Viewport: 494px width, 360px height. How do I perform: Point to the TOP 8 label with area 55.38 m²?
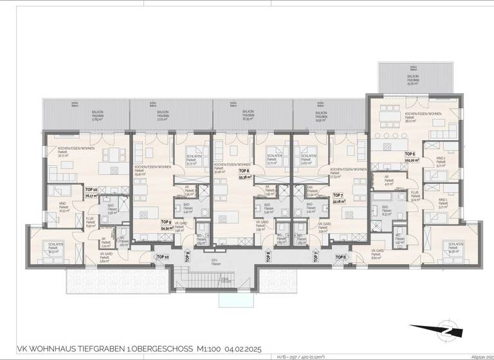tap(244, 173)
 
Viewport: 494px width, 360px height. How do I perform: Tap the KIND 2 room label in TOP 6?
tap(440, 161)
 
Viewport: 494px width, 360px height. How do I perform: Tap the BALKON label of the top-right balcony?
tap(412, 75)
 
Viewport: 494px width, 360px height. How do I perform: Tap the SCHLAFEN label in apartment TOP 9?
tap(192, 159)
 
